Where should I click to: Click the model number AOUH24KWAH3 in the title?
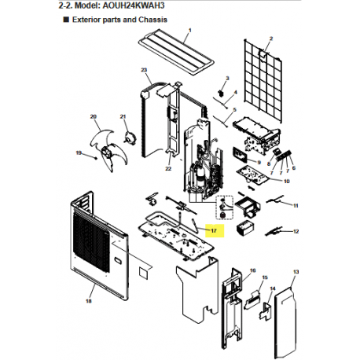click(x=134, y=6)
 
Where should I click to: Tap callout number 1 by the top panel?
click(x=190, y=31)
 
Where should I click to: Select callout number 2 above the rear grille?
click(x=271, y=39)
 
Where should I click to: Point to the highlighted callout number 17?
click(x=214, y=231)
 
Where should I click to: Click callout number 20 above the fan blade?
click(x=94, y=116)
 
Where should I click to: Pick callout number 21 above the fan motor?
click(x=123, y=116)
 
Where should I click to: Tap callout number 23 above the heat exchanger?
click(x=144, y=70)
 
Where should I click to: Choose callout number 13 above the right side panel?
click(x=296, y=272)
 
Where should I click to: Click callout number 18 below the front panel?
click(x=89, y=301)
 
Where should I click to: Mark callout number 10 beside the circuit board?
click(x=287, y=182)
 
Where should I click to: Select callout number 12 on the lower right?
click(x=296, y=232)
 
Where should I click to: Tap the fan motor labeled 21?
click(x=130, y=138)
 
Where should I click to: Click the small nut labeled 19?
click(x=96, y=158)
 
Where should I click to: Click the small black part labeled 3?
click(x=221, y=93)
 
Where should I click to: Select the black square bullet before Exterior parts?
click(x=66, y=20)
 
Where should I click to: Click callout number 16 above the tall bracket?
click(x=252, y=270)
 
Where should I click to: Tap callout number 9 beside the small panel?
click(x=259, y=163)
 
